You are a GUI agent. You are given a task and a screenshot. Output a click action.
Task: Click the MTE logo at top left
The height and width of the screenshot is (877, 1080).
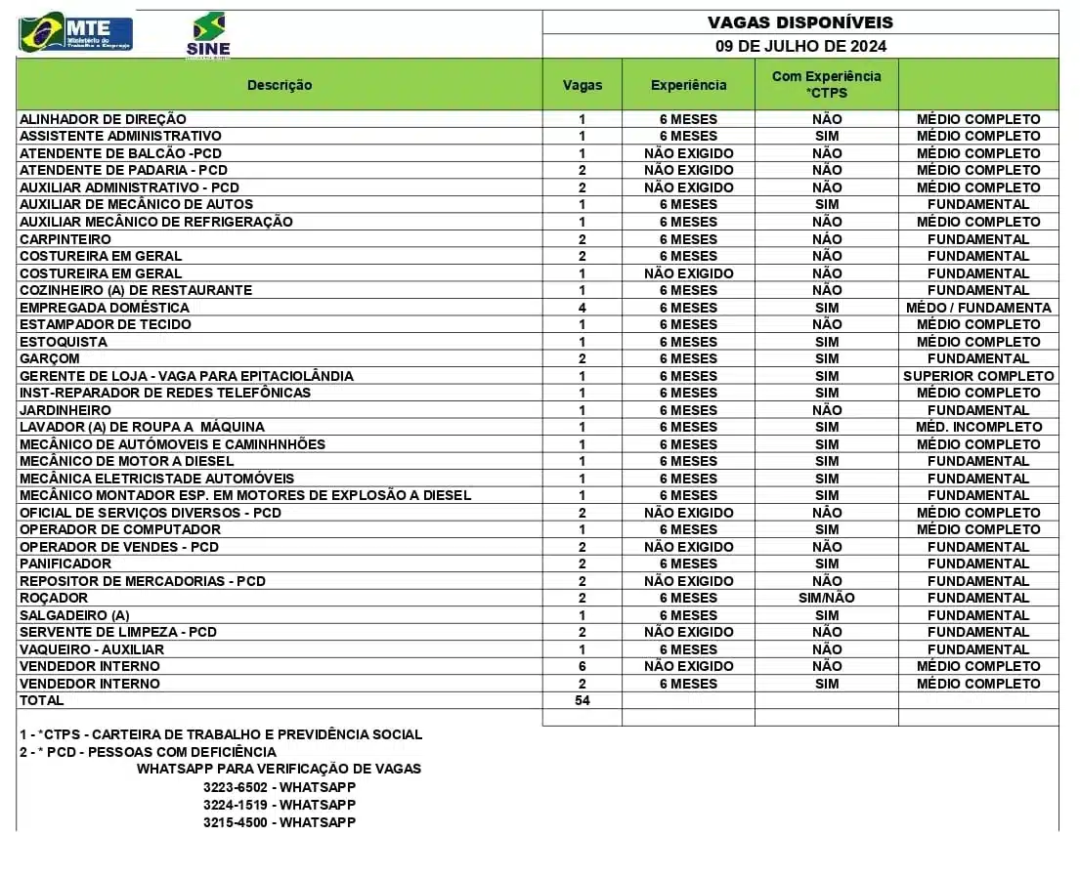[76, 32]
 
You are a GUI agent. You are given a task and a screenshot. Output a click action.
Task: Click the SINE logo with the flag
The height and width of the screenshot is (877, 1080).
[208, 35]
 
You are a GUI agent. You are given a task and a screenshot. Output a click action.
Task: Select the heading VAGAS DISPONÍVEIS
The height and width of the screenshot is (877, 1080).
[799, 22]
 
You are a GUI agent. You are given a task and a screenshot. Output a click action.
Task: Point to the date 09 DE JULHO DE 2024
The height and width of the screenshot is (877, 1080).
[800, 46]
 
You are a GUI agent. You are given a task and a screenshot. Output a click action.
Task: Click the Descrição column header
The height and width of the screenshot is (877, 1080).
[280, 85]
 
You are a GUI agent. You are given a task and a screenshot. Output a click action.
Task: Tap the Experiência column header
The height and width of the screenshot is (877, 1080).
[688, 85]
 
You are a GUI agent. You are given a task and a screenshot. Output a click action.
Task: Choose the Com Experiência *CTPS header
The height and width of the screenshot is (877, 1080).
[826, 84]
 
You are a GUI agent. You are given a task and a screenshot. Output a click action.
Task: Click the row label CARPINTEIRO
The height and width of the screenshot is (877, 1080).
[65, 239]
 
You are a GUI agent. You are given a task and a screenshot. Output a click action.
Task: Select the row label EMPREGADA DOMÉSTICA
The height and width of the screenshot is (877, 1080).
[105, 308]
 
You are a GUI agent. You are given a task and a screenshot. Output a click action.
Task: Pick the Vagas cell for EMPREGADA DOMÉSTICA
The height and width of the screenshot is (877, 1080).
[583, 308]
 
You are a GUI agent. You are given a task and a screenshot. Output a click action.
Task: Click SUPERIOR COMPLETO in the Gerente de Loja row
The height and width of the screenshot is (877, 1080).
[978, 376]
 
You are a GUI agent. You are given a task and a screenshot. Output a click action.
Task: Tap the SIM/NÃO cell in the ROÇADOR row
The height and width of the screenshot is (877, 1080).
[826, 598]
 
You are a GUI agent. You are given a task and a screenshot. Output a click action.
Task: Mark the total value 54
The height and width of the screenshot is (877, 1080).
[583, 700]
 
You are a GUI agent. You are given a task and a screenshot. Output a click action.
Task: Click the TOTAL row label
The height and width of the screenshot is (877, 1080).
[42, 700]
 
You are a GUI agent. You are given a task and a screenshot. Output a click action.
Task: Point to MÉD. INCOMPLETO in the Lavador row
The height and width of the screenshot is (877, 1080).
[978, 427]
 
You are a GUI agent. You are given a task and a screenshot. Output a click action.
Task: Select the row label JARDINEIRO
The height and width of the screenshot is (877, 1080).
[65, 410]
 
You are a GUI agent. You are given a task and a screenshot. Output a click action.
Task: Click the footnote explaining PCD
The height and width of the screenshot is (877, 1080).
[148, 752]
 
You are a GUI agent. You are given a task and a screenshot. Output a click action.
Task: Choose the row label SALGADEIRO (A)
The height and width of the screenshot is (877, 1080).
[74, 615]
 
